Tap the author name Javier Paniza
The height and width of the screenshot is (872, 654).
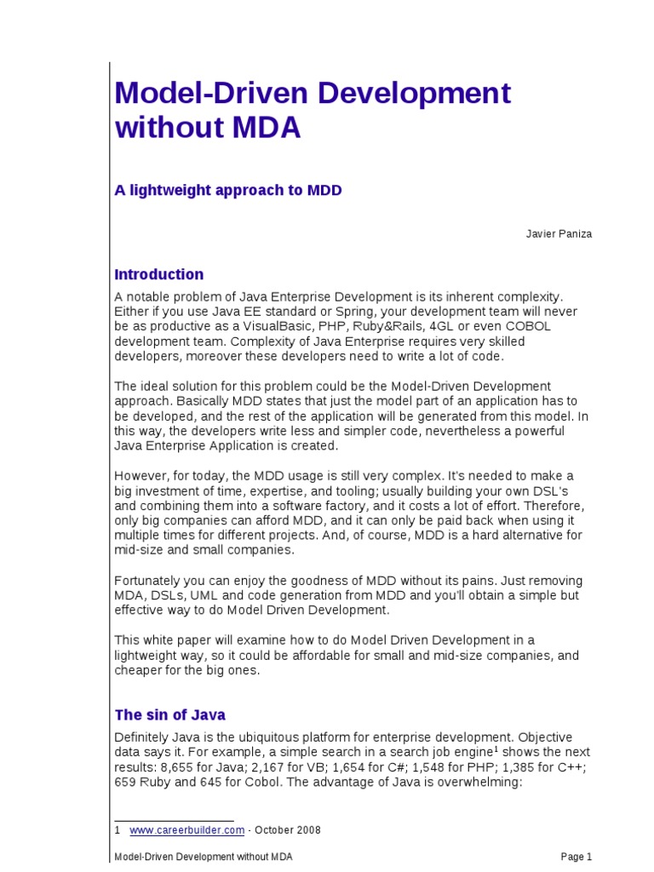pos(558,234)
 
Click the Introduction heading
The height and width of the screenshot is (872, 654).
pos(159,274)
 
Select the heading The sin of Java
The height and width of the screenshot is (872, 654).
pos(170,714)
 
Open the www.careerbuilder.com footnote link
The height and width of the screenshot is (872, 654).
pos(187,830)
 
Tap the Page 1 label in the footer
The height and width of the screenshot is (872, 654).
pos(576,857)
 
